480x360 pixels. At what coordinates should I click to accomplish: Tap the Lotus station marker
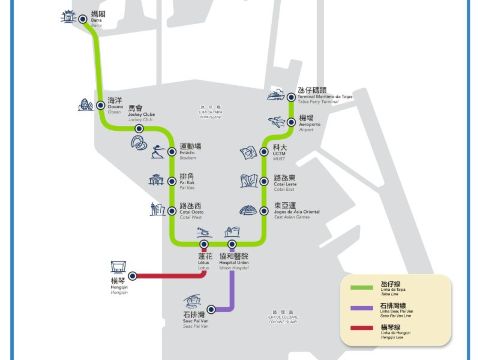[206, 244]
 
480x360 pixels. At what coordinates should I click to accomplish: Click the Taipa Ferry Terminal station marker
[290, 96]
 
